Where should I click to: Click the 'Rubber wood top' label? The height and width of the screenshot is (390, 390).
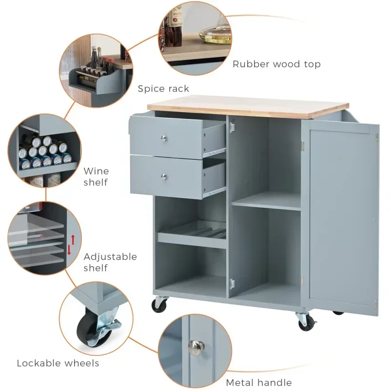tap(276, 64)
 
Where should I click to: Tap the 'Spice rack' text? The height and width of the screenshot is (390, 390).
tap(163, 89)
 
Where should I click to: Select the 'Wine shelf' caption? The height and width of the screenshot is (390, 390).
tap(96, 176)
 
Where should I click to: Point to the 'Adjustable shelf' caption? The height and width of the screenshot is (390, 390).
tap(110, 262)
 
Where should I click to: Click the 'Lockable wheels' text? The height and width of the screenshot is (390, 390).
tap(58, 363)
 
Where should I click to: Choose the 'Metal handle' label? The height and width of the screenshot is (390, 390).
tap(259, 383)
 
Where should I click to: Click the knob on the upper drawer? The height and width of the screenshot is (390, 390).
tap(164, 138)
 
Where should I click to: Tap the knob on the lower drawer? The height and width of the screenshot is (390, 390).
tap(164, 176)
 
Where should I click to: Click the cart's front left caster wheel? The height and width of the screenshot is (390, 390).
tap(159, 305)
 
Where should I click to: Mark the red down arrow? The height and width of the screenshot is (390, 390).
tap(69, 250)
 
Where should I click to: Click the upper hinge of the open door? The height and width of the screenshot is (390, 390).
tap(303, 145)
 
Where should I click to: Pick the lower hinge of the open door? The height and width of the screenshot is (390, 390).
tap(303, 281)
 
